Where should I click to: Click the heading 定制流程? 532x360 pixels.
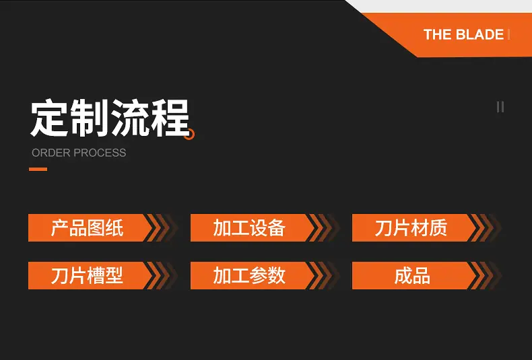pyautogui.click(x=110, y=118)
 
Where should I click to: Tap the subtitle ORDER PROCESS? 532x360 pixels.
pyautogui.click(x=79, y=153)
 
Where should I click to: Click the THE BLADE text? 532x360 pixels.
pyautogui.click(x=463, y=34)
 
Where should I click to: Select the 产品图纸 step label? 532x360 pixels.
pyautogui.click(x=87, y=228)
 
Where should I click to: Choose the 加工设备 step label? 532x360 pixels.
pyautogui.click(x=249, y=228)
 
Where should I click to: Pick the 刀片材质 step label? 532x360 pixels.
pyautogui.click(x=411, y=228)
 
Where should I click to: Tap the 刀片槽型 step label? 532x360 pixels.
pyautogui.click(x=87, y=275)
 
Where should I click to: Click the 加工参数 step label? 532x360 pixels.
pyautogui.click(x=249, y=275)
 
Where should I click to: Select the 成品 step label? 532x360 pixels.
pyautogui.click(x=412, y=275)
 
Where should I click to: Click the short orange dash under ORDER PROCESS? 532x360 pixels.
pyautogui.click(x=38, y=169)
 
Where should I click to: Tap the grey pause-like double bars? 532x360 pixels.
pyautogui.click(x=500, y=107)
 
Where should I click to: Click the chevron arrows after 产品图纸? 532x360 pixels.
pyautogui.click(x=161, y=228)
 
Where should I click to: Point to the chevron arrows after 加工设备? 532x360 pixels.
pyautogui.click(x=323, y=228)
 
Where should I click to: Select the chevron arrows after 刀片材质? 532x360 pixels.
pyautogui.click(x=485, y=228)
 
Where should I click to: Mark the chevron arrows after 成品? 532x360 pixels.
pyautogui.click(x=485, y=275)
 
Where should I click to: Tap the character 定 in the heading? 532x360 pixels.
pyautogui.click(x=49, y=118)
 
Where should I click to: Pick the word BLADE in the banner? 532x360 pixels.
pyautogui.click(x=479, y=34)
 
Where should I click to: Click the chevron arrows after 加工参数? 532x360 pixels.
pyautogui.click(x=323, y=275)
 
